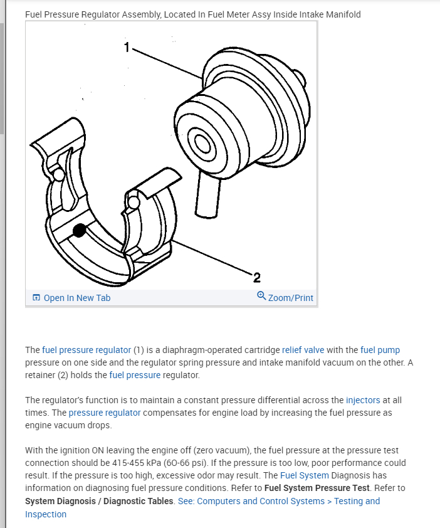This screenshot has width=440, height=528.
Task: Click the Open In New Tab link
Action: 76,298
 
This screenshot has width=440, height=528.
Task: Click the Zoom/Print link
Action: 290,298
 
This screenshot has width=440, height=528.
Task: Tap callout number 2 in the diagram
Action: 257,277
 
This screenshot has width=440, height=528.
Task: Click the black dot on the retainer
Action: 79,231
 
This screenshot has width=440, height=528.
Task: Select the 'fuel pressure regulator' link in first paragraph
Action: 86,350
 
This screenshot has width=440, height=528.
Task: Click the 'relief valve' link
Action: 303,350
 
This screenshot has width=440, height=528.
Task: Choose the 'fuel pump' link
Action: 380,350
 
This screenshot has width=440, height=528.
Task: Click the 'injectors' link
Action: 363,399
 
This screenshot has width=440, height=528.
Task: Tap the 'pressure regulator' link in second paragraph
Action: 105,413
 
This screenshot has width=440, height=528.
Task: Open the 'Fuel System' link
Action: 304,475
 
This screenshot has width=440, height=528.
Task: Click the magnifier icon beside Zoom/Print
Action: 261,297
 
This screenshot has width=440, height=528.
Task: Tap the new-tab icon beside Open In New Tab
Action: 36,298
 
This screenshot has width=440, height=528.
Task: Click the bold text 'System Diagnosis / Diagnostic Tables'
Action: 100,501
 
